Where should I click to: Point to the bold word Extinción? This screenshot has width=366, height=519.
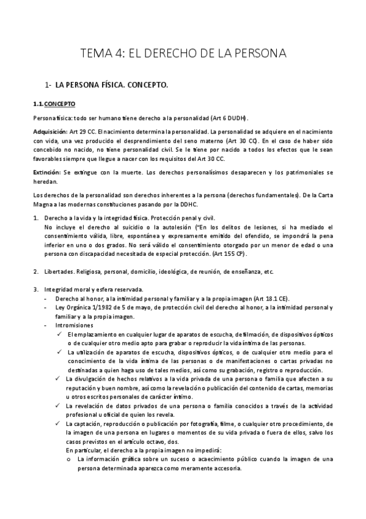[x=47, y=173]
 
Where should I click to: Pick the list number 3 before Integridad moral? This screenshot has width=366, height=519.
[x=35, y=289]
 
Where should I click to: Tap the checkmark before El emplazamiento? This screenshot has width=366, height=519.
[x=59, y=335]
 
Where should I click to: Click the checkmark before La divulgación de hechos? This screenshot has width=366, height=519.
[x=59, y=379]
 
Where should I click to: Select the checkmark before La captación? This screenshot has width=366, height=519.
[x=59, y=424]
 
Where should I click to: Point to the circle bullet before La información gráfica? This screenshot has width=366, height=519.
[x=70, y=459]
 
